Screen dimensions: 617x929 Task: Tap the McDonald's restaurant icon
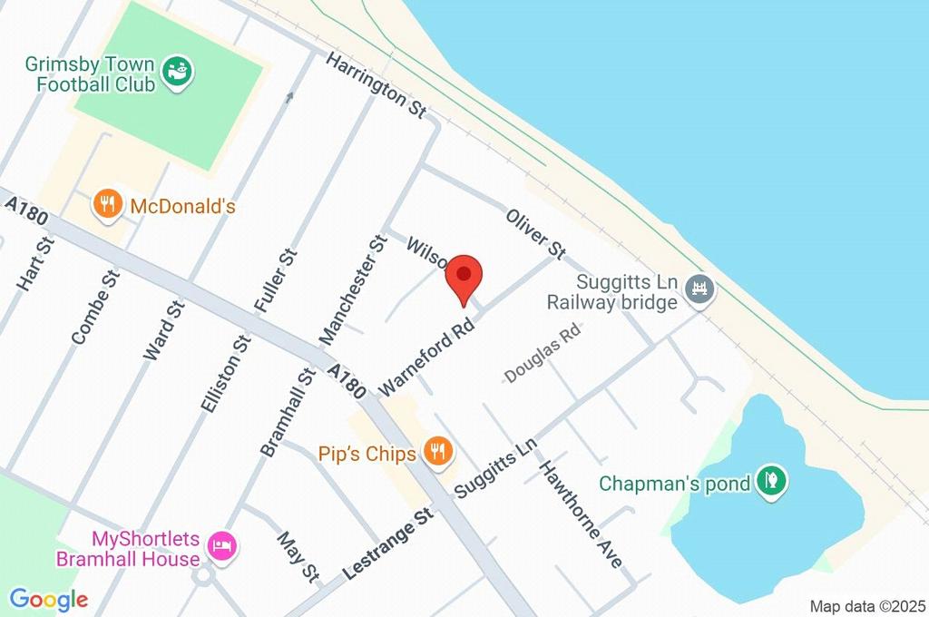click(108, 205)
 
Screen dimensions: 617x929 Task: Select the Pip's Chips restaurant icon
click(439, 452)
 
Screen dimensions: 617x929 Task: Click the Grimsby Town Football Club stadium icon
click(177, 73)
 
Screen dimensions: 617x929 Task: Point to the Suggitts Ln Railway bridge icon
click(700, 291)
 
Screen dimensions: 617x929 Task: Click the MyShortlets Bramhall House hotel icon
click(220, 545)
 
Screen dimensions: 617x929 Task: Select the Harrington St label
click(376, 84)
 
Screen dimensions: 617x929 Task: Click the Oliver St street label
click(536, 232)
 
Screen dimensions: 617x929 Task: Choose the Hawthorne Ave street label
click(581, 514)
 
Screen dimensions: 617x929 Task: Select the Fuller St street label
click(276, 282)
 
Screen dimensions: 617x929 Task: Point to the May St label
click(298, 557)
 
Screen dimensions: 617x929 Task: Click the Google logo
click(48, 599)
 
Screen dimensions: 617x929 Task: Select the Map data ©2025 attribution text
click(866, 605)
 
